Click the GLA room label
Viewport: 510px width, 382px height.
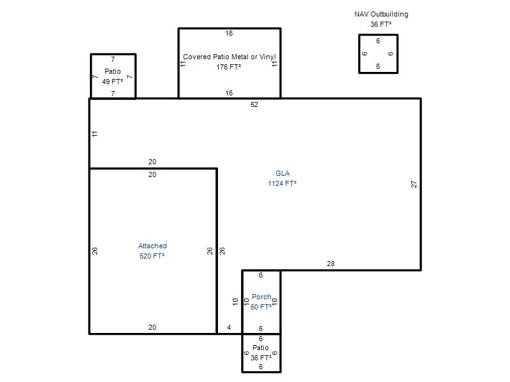[x=282, y=173]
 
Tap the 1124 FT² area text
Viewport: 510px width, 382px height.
[x=282, y=183]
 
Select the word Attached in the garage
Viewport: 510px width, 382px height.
[x=152, y=246]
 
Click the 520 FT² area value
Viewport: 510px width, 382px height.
[x=152, y=256]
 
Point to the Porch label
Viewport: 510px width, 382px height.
[x=261, y=297]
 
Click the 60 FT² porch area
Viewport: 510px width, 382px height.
[x=261, y=307]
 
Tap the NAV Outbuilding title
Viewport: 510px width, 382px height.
[x=381, y=14]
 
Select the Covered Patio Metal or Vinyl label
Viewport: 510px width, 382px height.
[x=229, y=57]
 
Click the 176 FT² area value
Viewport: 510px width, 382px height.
[x=228, y=67]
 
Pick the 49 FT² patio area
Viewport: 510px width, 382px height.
[x=113, y=81]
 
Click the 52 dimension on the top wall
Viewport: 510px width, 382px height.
[x=254, y=104]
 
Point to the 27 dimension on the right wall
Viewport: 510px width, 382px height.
[x=414, y=184]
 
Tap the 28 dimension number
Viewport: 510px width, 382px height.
[x=330, y=264]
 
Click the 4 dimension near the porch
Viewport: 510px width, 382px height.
[x=229, y=327]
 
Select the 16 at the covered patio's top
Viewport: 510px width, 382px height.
[x=229, y=33]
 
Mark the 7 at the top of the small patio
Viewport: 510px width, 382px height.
[x=113, y=59]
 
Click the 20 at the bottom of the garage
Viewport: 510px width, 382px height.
[x=152, y=327]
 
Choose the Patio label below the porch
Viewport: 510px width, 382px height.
[x=261, y=348]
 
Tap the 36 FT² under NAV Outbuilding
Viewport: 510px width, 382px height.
[x=381, y=24]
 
